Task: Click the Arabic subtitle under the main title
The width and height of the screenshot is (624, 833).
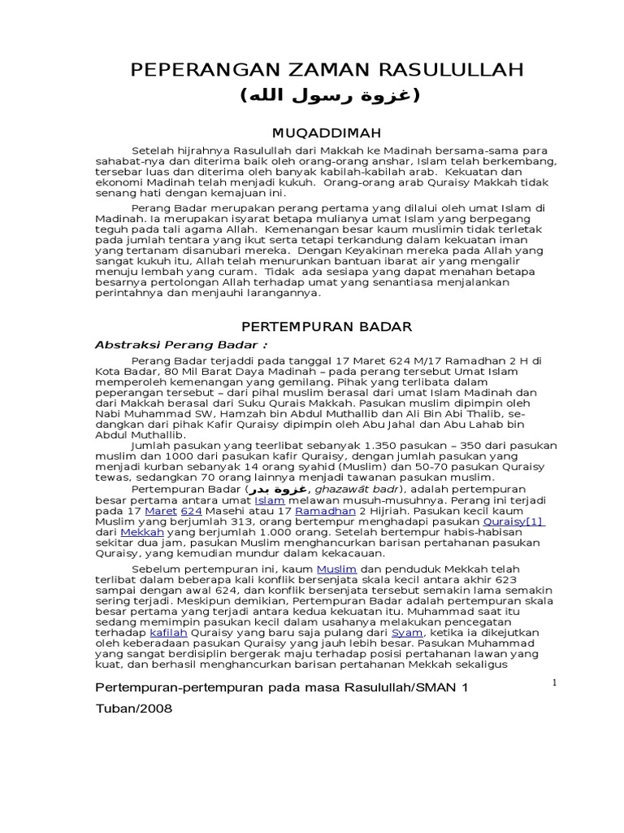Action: (329, 97)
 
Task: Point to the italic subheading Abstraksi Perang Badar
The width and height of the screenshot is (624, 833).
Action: (159, 344)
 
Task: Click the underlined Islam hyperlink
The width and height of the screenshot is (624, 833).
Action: (269, 500)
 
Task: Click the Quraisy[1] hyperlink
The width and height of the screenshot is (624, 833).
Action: (513, 521)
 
